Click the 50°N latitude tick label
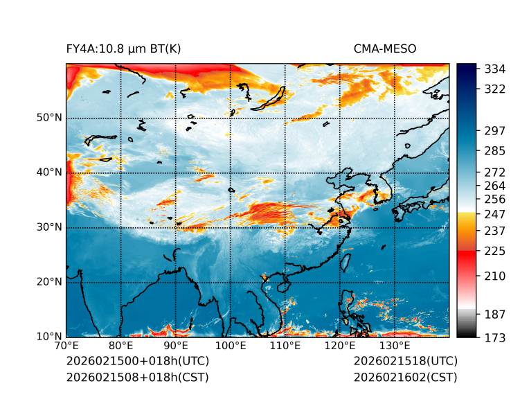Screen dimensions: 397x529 [49, 118]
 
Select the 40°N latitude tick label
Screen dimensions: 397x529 [49, 173]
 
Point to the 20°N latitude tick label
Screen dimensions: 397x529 [49, 282]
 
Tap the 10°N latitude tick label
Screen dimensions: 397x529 [49, 337]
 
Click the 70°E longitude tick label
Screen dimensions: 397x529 [66, 346]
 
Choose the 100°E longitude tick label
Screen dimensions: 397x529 [231, 346]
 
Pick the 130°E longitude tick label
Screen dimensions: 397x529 [395, 346]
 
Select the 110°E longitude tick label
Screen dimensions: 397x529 [285, 346]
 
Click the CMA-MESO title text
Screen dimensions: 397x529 [385, 48]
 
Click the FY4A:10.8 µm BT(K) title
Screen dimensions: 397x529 [123, 48]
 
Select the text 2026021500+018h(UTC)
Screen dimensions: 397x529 [137, 362]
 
